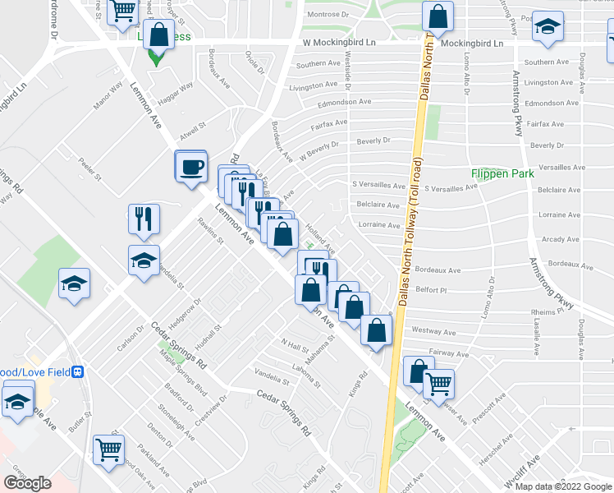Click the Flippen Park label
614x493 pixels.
pyautogui.click(x=502, y=173)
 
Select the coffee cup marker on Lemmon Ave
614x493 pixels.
pyautogui.click(x=192, y=167)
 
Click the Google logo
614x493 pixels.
pyautogui.click(x=27, y=483)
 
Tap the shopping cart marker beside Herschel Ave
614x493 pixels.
pyautogui.click(x=438, y=383)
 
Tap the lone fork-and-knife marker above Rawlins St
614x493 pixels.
pyautogui.click(x=144, y=219)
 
